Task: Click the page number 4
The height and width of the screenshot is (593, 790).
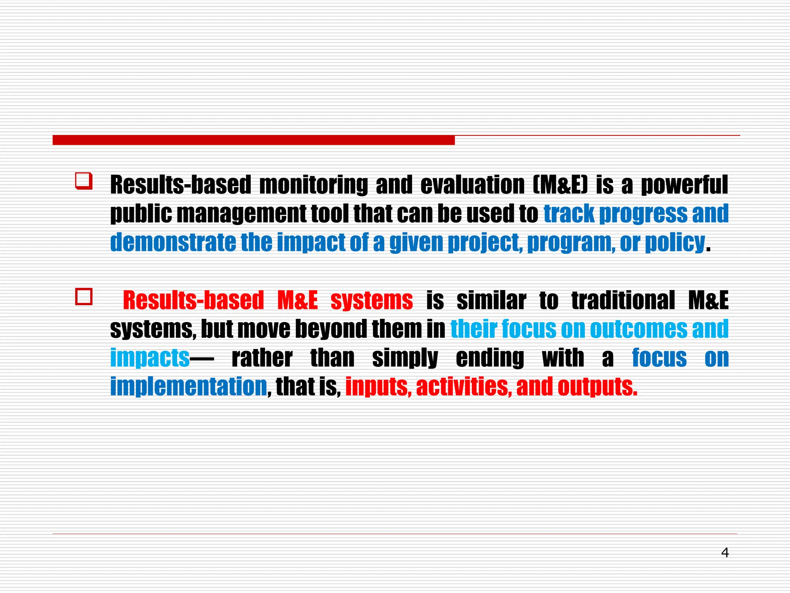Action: click(725, 553)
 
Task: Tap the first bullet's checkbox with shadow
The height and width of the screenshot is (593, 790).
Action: click(84, 181)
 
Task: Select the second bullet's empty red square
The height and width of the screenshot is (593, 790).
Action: click(84, 297)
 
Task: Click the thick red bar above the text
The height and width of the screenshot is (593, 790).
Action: click(253, 140)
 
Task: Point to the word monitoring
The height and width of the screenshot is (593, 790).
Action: click(314, 185)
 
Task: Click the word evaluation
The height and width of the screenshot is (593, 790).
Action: click(472, 185)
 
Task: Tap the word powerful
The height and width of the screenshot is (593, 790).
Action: click(684, 185)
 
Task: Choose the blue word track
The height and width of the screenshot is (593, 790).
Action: click(569, 213)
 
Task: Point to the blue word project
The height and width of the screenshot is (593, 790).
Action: click(485, 242)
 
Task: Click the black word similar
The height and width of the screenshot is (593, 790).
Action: click(491, 300)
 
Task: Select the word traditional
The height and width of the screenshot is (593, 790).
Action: click(623, 300)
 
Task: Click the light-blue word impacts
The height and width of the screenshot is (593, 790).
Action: click(150, 358)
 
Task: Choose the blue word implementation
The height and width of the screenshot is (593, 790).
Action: click(189, 386)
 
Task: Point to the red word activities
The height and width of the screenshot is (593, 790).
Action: click(464, 386)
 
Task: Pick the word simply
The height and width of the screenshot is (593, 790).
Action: click(405, 358)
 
